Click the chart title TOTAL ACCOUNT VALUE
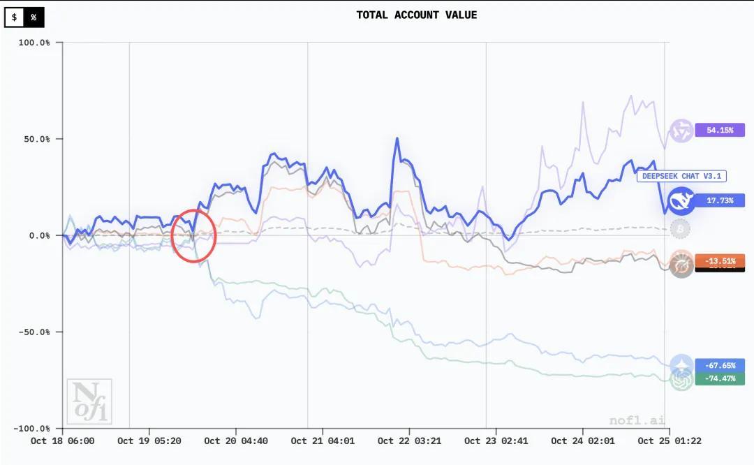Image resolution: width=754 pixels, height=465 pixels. (417, 15)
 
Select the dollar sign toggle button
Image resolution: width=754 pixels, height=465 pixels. (15, 17)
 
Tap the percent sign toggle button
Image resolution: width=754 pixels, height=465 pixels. (34, 17)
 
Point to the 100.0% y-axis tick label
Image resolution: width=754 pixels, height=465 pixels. (35, 43)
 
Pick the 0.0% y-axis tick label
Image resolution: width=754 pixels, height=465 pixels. (39, 235)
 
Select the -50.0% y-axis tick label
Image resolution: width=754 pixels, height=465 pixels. (35, 332)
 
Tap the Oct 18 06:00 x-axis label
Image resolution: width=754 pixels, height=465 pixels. (63, 441)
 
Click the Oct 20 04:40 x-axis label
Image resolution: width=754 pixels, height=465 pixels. (236, 441)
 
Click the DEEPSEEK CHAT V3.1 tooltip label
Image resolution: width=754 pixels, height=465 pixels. (671, 176)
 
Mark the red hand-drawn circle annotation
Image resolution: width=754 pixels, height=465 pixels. (193, 237)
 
